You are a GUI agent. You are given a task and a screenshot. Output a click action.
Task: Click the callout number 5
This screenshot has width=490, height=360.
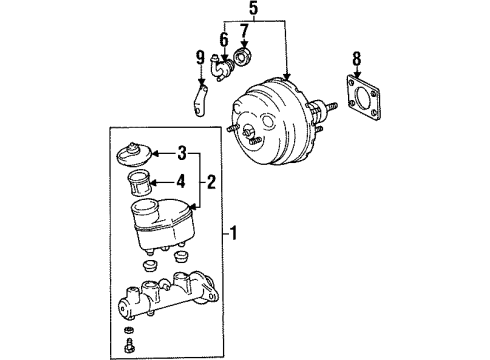tap(254, 9)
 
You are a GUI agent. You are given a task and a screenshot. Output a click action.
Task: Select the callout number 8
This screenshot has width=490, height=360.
tap(357, 59)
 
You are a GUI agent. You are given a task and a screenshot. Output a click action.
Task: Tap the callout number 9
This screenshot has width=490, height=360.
tap(200, 58)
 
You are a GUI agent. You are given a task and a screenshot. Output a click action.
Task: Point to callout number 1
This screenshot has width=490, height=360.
tap(234, 233)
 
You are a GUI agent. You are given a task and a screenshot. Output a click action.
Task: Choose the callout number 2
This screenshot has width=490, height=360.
tap(211, 182)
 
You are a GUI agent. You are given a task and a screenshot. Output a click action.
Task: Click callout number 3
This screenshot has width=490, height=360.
tap(182, 154)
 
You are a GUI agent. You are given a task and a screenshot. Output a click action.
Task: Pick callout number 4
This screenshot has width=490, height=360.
tap(181, 182)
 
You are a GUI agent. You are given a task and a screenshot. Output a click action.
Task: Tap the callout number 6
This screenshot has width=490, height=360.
tap(224, 40)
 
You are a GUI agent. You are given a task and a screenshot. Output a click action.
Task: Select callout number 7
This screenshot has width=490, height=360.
tap(244, 31)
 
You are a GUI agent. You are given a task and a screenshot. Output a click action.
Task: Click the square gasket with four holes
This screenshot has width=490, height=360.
tap(363, 97)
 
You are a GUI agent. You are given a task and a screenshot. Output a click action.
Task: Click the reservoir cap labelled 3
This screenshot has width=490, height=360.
tap(134, 155)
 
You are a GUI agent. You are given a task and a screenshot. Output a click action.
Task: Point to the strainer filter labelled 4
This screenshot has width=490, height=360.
tap(140, 183)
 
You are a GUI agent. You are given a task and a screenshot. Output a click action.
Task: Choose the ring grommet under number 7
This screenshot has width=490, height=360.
tap(244, 57)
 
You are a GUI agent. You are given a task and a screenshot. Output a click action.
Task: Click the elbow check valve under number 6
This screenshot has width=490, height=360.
tap(221, 67)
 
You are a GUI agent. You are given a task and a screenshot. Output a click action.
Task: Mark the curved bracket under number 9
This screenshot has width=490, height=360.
tap(201, 101)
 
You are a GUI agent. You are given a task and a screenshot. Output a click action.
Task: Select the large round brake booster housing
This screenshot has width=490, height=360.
tap(270, 122)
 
